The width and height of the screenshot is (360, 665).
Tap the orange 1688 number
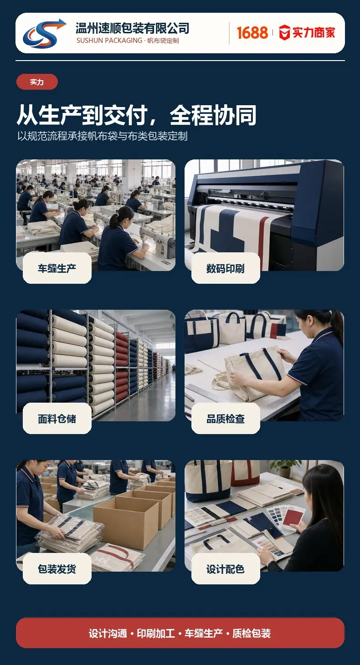(252, 33)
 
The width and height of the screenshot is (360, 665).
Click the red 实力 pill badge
(37, 82)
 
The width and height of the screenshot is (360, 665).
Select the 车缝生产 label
(57, 268)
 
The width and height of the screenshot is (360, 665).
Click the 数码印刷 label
(226, 268)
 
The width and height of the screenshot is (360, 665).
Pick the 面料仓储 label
(57, 419)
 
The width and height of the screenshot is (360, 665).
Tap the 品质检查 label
(226, 419)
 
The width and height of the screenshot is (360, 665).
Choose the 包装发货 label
(57, 569)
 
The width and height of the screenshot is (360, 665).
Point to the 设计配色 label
(226, 569)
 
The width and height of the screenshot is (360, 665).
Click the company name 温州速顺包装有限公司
(132, 29)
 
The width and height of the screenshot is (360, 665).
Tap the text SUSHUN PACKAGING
(109, 41)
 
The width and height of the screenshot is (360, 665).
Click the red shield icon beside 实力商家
(284, 32)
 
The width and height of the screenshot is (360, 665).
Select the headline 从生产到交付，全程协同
(137, 115)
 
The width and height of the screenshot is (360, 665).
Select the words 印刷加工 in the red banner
(156, 633)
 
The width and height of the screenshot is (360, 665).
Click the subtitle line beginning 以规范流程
(102, 136)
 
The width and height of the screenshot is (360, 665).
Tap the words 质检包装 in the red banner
(251, 633)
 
